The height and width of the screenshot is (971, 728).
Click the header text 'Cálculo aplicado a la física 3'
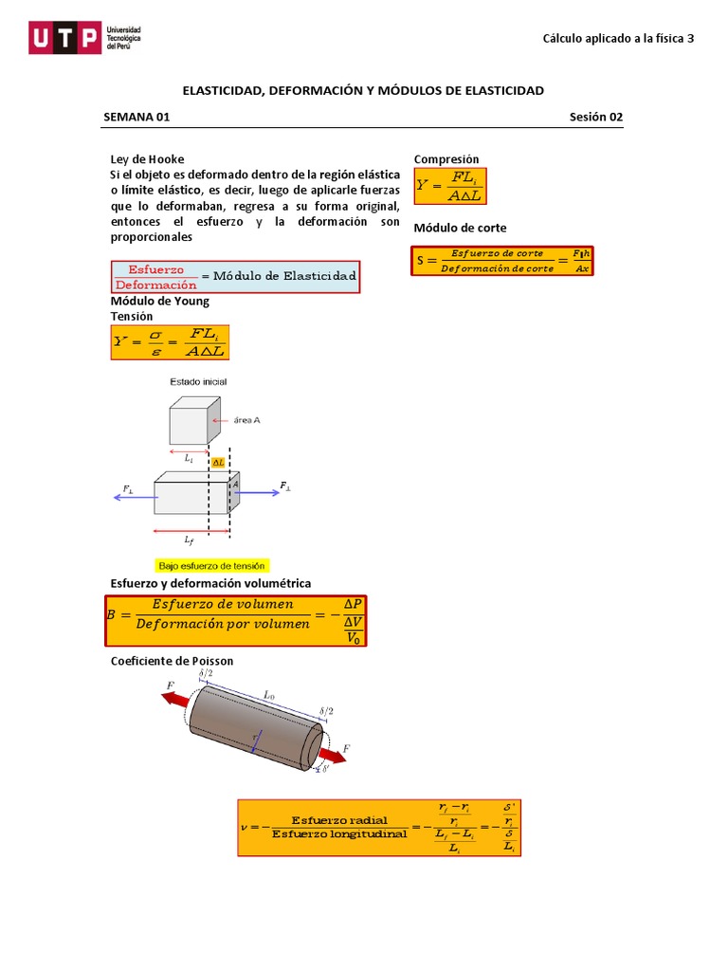point(618,39)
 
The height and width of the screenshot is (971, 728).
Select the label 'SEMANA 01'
point(136,118)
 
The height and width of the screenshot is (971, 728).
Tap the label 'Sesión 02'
point(596,118)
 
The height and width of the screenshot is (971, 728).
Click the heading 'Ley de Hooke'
point(148,159)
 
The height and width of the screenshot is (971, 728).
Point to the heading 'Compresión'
point(446,159)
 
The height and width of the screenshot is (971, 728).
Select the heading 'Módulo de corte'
point(460,229)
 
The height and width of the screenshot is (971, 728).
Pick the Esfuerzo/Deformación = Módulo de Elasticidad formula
point(235,277)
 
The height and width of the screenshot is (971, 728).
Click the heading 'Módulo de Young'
point(160,302)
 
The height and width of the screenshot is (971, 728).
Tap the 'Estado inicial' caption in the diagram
point(198,381)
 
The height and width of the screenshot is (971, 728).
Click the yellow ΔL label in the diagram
point(218,463)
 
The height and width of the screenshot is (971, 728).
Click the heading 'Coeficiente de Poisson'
point(172,661)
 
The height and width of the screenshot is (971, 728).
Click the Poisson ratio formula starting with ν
point(379,827)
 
